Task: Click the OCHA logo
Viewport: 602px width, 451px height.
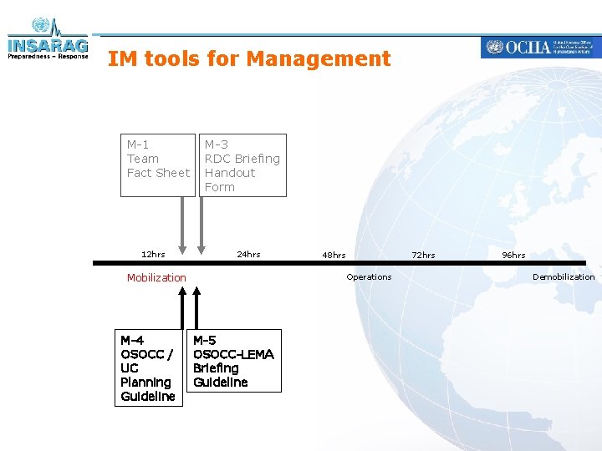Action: [x=539, y=47]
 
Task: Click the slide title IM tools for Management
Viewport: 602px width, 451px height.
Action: [x=249, y=58]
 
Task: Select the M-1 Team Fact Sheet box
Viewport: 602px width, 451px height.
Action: [x=158, y=165]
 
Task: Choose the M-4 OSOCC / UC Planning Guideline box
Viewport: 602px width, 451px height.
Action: [x=148, y=367]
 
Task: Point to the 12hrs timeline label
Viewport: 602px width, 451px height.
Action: [x=153, y=254]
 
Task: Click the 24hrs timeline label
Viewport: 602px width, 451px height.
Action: [x=248, y=254]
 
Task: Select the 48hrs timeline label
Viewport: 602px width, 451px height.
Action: [x=334, y=255]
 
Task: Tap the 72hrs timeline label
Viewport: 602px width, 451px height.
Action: [x=423, y=255]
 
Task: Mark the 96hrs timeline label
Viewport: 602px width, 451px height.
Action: [x=513, y=255]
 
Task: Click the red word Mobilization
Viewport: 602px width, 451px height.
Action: [x=156, y=277]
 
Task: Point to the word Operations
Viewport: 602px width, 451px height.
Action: [x=369, y=276]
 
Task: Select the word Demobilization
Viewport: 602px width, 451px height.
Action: [x=564, y=276]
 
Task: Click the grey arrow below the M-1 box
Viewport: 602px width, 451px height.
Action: [x=183, y=224]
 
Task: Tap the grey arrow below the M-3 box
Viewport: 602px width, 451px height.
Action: [x=201, y=224]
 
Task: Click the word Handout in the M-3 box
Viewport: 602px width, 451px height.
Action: [x=230, y=173]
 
